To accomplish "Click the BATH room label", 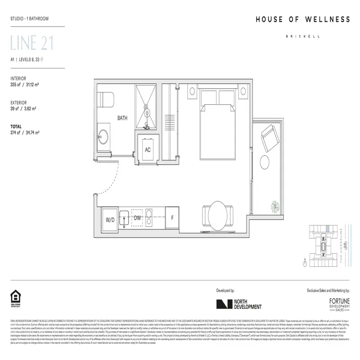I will coord(122,118).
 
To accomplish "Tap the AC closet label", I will coord(148,150).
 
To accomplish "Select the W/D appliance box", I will coord(110,220).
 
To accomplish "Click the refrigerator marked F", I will coord(172,219).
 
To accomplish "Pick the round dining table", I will coord(218,213).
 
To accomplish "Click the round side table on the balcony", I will coord(266,162).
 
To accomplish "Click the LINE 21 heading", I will coord(32,43).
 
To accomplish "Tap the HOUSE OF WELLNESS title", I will coord(302,19).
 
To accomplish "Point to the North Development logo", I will coord(238,305).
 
